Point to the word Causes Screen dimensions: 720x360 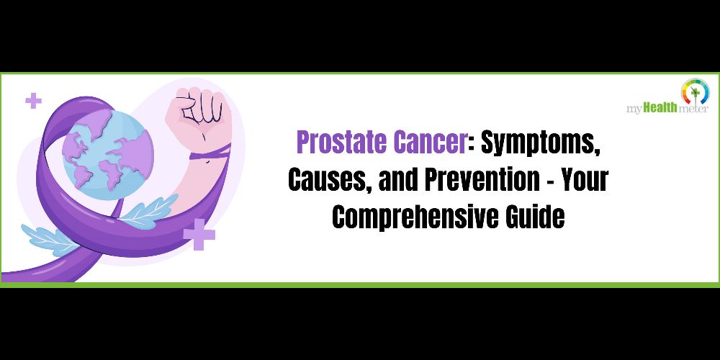coord(329,180)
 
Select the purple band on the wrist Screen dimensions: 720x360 coord(210,152)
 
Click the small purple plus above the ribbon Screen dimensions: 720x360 coord(33,101)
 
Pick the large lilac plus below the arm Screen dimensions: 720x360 coord(199,234)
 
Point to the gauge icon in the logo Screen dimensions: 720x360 coord(696,91)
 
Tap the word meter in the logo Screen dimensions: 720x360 coord(693,109)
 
